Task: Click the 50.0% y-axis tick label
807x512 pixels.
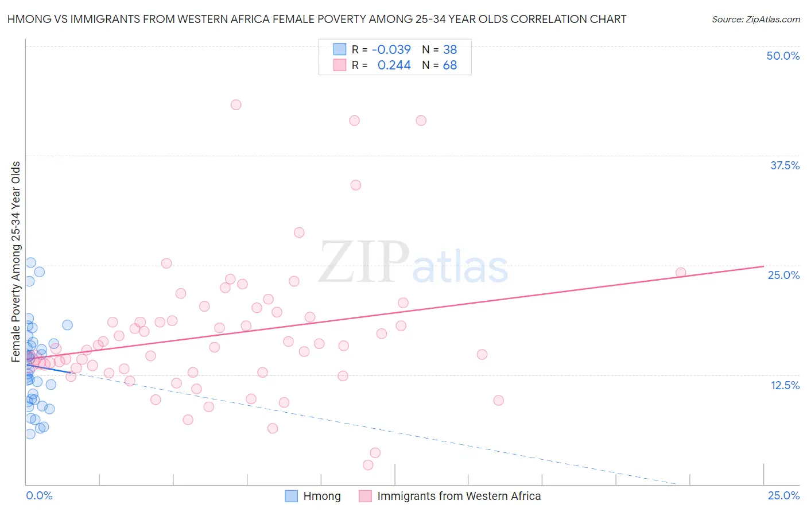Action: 783,56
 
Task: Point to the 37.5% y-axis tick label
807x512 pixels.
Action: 785,166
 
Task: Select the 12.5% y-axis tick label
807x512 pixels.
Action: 785,385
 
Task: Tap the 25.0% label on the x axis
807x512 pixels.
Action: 783,495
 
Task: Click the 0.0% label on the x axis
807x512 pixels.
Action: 39,495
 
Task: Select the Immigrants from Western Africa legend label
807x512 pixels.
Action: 459,496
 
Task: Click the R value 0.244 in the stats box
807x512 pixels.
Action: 394,65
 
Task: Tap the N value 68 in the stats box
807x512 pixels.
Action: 450,65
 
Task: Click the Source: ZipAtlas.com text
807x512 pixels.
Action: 755,20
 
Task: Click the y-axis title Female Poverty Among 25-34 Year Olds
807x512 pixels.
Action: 16,262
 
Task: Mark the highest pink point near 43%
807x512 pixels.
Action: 236,104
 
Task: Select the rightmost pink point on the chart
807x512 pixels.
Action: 681,273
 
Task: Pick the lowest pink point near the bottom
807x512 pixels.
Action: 368,465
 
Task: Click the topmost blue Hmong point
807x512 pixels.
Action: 30,263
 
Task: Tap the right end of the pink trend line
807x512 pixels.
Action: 763,266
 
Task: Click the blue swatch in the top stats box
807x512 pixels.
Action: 340,49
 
